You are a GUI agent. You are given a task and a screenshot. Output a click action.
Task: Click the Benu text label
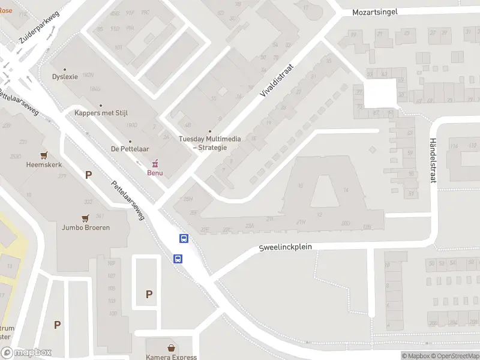click(x=156, y=173)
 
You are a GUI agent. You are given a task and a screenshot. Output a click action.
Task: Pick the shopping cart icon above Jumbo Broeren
click(x=86, y=218)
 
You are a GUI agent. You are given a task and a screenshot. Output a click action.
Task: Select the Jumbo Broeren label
click(x=86, y=228)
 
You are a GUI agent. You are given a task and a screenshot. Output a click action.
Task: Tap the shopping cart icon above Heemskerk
click(x=43, y=154)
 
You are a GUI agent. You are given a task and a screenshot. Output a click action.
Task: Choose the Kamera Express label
click(x=172, y=357)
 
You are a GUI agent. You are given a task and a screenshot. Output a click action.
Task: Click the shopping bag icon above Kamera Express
click(x=172, y=347)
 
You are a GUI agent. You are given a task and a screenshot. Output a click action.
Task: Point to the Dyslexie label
click(x=65, y=77)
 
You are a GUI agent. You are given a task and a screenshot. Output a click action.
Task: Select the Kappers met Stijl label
click(x=101, y=113)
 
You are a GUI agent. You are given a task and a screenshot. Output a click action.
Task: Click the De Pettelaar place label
click(x=130, y=149)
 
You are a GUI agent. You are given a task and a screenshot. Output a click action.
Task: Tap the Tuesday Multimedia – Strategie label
click(x=210, y=143)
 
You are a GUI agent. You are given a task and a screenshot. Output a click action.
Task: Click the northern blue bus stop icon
click(x=184, y=239)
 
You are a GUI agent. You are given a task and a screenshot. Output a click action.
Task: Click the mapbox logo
click(x=26, y=353)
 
